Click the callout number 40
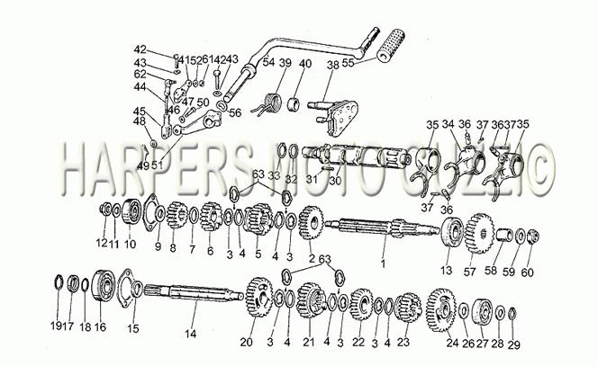305,63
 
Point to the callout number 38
332,65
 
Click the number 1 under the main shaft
382,264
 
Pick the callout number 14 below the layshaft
190,334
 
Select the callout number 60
528,272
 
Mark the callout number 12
102,245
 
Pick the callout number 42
140,49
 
